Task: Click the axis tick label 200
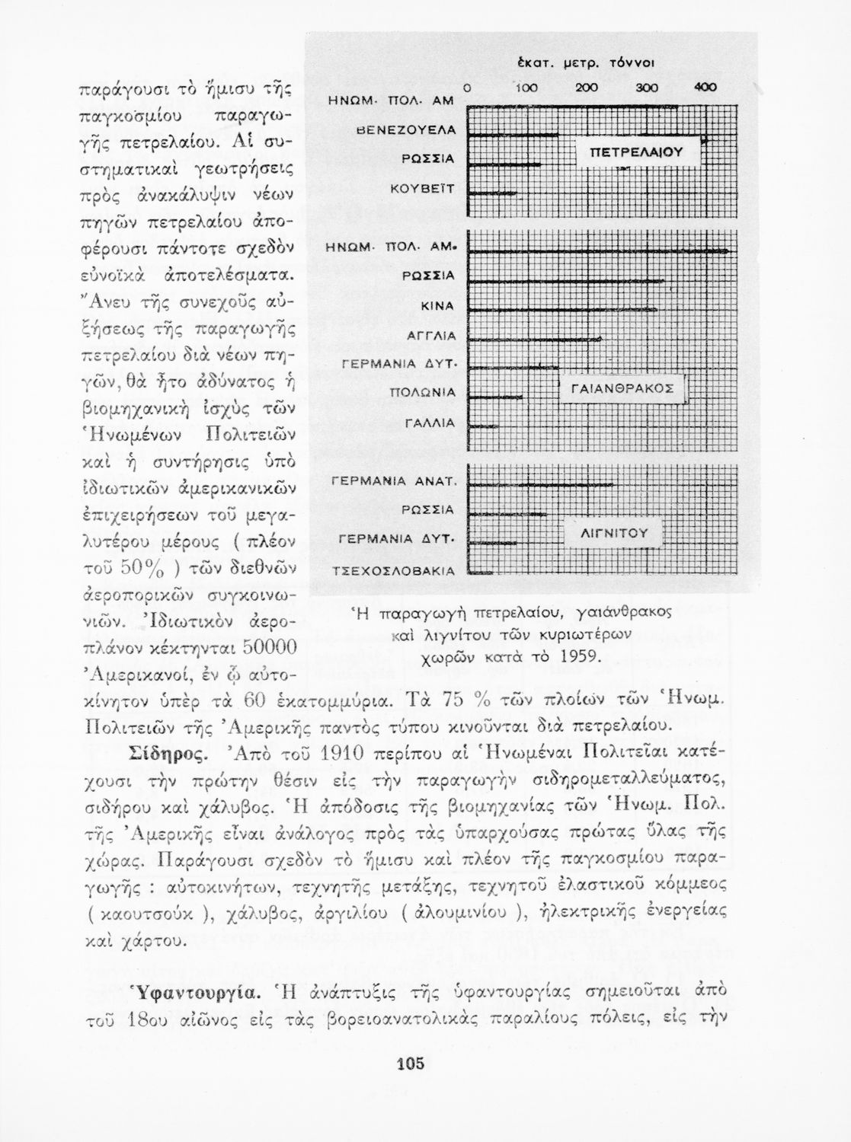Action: click(x=586, y=88)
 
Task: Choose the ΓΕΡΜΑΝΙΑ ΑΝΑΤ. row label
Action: click(x=395, y=480)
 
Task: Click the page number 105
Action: click(x=410, y=1064)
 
